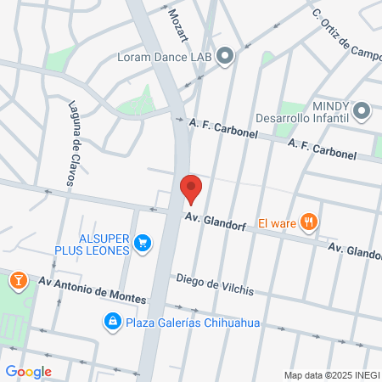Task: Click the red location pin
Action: click(x=191, y=188)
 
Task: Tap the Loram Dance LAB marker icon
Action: click(x=225, y=57)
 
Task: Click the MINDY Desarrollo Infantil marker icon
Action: click(x=362, y=111)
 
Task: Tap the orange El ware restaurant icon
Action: click(x=309, y=223)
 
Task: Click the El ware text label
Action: click(x=277, y=223)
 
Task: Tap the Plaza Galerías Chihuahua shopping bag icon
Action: click(x=112, y=322)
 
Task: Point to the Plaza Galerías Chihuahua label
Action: click(x=193, y=323)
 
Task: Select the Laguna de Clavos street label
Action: click(x=71, y=143)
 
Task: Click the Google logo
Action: click(x=28, y=372)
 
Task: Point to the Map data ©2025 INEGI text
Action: click(x=331, y=375)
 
